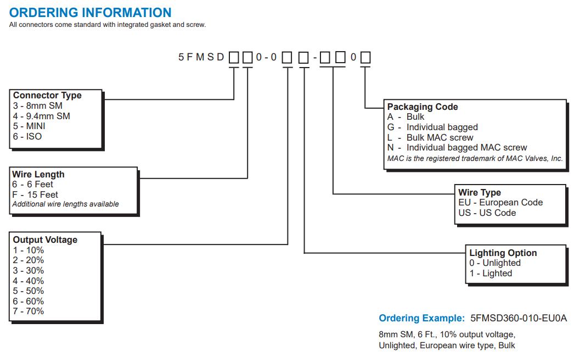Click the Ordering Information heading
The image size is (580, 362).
[90, 12]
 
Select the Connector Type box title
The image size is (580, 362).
[47, 95]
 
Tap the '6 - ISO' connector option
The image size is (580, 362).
[27, 136]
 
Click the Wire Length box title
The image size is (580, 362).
[38, 174]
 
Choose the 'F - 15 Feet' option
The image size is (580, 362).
[35, 194]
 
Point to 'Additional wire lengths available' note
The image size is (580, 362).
[65, 204]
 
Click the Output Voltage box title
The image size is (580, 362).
[45, 240]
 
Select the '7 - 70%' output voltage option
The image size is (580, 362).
[29, 311]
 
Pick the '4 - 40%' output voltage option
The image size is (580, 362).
[29, 281]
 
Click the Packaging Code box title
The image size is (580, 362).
[423, 107]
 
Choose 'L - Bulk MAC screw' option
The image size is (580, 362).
[430, 137]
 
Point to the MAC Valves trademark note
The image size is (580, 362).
[475, 158]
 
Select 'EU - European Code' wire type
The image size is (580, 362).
[500, 202]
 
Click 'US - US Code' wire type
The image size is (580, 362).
[487, 213]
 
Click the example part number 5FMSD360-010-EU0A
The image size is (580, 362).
[518, 318]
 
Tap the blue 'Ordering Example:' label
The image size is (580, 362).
[421, 318]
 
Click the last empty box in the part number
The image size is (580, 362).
[365, 57]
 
